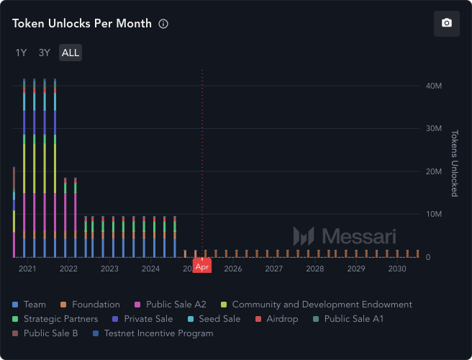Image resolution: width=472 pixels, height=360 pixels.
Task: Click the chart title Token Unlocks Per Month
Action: point(82,24)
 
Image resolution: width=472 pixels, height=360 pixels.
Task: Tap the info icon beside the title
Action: point(163,24)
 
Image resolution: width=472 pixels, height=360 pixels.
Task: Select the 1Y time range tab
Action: point(22,53)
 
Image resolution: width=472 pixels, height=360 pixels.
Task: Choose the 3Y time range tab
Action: point(45,53)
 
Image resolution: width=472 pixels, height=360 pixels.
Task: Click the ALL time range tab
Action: point(71,53)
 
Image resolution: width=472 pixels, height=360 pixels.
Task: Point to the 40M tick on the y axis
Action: point(434,86)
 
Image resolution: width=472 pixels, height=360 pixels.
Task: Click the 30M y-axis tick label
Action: point(434,128)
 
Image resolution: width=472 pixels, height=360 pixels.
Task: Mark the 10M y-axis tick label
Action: point(434,215)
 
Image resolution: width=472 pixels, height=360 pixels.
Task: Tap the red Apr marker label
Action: point(202,266)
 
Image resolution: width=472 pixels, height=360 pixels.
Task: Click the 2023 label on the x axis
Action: point(109,269)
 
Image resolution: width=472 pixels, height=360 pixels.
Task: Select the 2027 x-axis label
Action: point(273,269)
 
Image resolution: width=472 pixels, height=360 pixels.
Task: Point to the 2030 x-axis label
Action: point(397,269)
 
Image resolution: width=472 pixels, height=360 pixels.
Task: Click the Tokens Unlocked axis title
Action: point(454,163)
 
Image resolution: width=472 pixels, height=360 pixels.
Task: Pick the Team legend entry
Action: point(34,305)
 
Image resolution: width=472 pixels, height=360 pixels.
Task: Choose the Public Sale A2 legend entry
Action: point(176,305)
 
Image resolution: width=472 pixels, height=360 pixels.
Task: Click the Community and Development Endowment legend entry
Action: point(322,305)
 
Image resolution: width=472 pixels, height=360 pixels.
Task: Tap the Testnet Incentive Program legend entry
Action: point(158,333)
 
